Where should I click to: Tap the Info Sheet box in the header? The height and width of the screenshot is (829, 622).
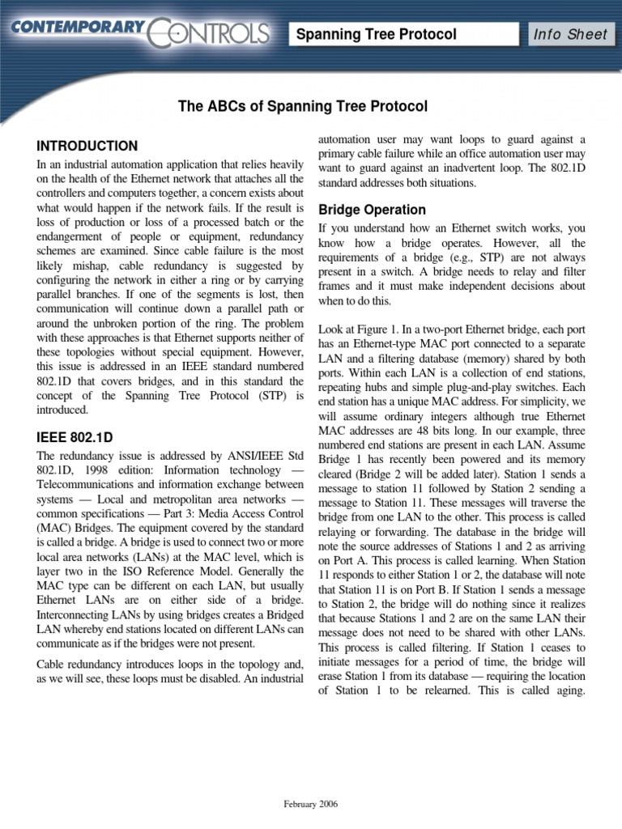pyautogui.click(x=569, y=34)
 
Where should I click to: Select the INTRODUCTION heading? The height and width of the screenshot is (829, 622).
pyautogui.click(x=87, y=147)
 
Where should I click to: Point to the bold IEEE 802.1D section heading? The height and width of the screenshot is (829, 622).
pyautogui.click(x=75, y=437)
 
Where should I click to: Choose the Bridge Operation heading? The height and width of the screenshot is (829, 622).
pyautogui.click(x=372, y=210)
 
